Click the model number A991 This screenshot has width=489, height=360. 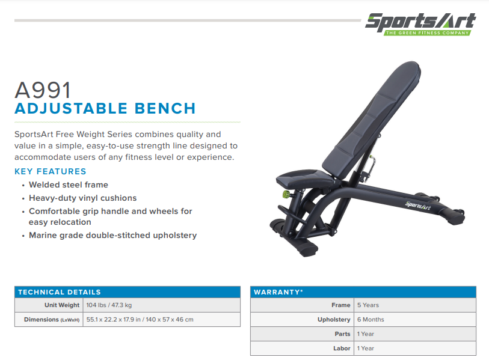(x=43, y=90)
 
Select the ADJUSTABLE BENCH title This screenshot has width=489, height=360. (x=105, y=109)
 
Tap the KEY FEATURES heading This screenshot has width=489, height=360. (x=51, y=171)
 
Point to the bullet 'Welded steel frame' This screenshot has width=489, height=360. (x=69, y=185)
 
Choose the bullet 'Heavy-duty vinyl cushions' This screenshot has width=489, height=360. (x=82, y=198)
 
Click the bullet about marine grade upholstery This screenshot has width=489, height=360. (x=112, y=235)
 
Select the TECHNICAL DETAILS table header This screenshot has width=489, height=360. (x=60, y=292)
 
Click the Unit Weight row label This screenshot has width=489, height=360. (x=62, y=305)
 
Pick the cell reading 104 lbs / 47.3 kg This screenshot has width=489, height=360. (x=109, y=305)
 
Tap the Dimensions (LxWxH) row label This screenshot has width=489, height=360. (x=52, y=319)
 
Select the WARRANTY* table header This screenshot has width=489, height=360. (x=278, y=292)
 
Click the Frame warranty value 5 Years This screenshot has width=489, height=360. (x=368, y=305)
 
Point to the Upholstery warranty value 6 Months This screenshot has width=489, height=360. (x=371, y=320)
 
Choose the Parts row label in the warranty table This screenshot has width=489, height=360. (x=342, y=334)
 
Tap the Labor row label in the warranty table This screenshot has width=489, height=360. (x=342, y=348)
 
